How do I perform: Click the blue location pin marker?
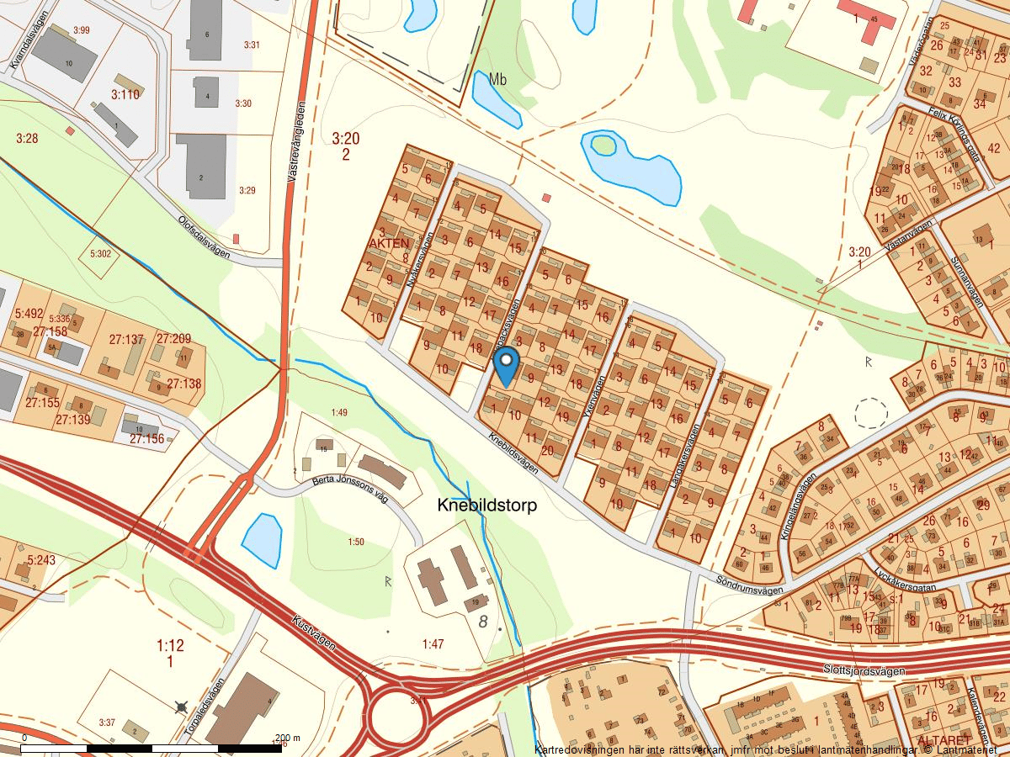pyautogui.click(x=506, y=366)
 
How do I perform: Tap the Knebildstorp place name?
pyautogui.click(x=487, y=506)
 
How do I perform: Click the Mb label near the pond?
pyautogui.click(x=497, y=79)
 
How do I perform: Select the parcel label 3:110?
pyautogui.click(x=125, y=94)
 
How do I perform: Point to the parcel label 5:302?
pyautogui.click(x=100, y=253)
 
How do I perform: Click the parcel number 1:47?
pyautogui.click(x=433, y=644)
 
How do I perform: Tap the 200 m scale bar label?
pyautogui.click(x=288, y=737)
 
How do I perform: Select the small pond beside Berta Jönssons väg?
pyautogui.click(x=263, y=537)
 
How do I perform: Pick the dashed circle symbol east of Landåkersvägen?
pyautogui.click(x=870, y=414)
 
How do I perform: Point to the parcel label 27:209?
pyautogui.click(x=173, y=339)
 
